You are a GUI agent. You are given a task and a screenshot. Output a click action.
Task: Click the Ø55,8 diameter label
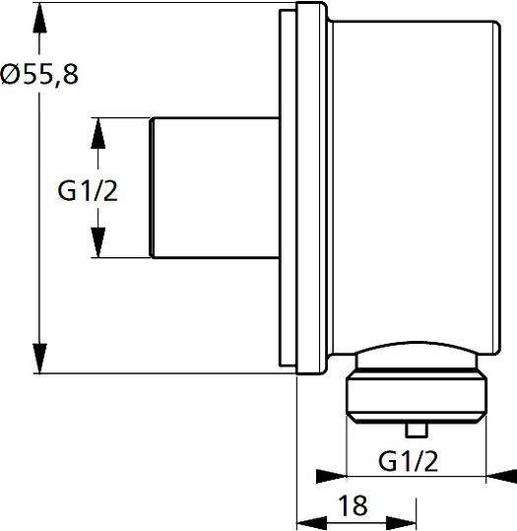tap(39, 74)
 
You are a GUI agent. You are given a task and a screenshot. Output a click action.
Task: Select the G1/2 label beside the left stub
tap(88, 191)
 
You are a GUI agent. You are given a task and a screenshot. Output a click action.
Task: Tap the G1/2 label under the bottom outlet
tap(409, 461)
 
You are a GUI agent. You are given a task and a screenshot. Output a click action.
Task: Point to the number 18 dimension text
tap(353, 505)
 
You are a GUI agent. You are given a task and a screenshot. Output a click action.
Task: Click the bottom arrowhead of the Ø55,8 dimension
tap(39, 359)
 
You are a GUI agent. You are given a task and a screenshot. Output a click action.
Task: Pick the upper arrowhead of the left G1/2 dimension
tap(98, 133)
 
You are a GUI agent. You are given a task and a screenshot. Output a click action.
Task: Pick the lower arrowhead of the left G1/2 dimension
tap(98, 242)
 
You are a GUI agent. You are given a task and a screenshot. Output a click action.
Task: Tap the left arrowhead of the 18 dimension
tap(312, 523)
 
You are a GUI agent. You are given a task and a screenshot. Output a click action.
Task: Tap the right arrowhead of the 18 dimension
tap(401, 523)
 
